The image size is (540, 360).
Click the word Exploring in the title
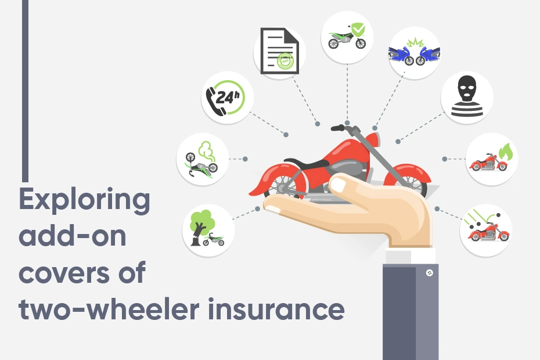point(84,201)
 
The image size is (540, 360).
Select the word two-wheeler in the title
point(109,309)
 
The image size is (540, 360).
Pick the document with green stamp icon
point(279,51)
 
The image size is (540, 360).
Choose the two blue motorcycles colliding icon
point(414,53)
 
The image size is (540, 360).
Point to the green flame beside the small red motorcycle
point(506,152)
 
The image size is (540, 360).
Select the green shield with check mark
point(358,30)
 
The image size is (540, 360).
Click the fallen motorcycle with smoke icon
point(202,160)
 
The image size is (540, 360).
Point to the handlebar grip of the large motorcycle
point(337,128)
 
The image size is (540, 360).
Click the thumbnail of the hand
point(338,185)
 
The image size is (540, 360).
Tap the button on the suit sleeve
point(429,273)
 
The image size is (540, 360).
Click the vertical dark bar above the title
point(25,91)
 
